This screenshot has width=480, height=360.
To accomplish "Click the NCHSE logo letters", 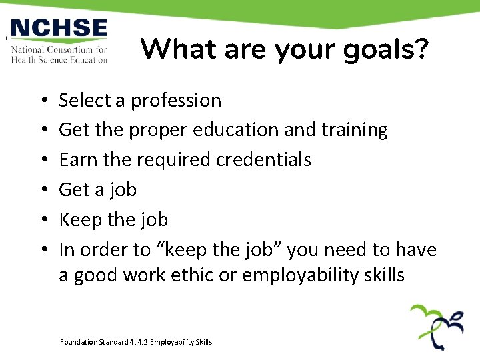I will click(x=59, y=29).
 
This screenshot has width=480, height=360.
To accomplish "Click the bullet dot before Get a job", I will click(x=42, y=190).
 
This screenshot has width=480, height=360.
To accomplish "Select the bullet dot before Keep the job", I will click(x=42, y=220).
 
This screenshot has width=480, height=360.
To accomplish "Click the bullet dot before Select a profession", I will click(x=42, y=101).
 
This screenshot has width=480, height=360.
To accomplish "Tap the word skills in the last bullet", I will click(x=383, y=275).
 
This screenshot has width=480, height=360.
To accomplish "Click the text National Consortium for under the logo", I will click(x=59, y=50).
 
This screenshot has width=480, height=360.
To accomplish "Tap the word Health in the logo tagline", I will click(x=26, y=59).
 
